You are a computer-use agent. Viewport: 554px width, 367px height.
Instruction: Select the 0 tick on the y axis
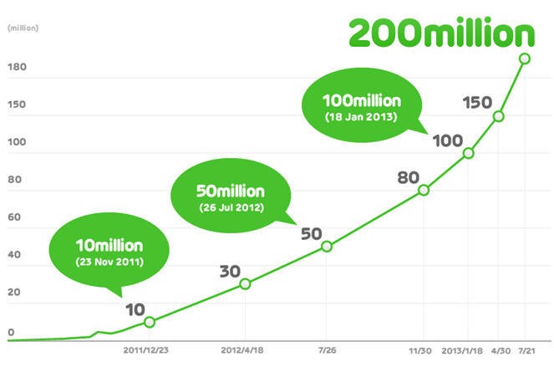(11, 333)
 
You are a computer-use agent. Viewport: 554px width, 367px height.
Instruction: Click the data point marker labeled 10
(150, 322)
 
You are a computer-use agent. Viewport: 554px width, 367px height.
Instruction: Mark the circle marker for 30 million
(245, 283)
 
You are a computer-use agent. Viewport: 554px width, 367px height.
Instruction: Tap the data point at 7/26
(327, 246)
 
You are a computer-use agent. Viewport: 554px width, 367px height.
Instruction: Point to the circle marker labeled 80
(424, 190)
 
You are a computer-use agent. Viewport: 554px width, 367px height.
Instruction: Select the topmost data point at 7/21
(525, 59)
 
